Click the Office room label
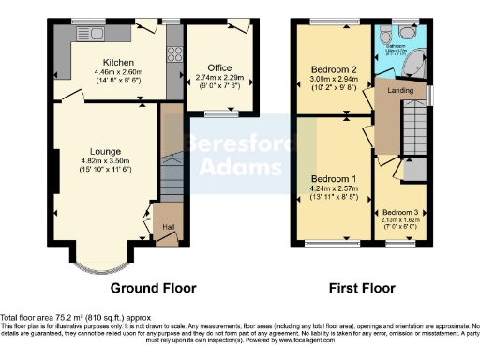tap(219, 67)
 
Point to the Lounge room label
tap(103, 151)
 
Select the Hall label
tap(169, 226)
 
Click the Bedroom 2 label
tap(335, 69)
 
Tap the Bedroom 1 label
tap(334, 178)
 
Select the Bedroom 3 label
tap(400, 213)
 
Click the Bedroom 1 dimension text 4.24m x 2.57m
tap(334, 188)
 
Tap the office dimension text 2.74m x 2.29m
tap(219, 78)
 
